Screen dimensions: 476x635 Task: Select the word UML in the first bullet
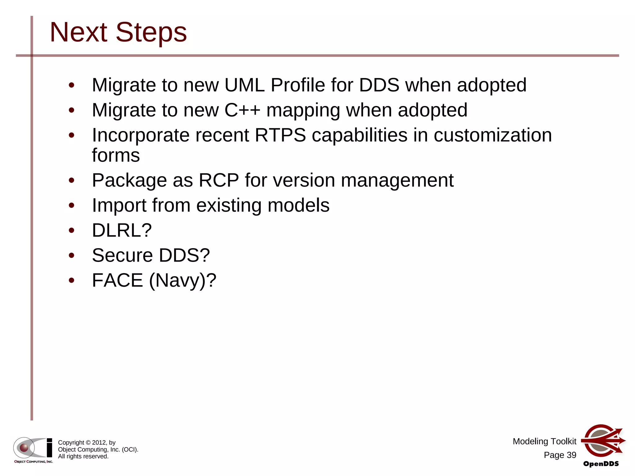pos(244,85)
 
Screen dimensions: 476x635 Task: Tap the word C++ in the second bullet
pos(242,110)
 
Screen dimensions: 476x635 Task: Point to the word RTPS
pos(280,135)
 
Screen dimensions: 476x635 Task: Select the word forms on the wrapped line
pos(116,155)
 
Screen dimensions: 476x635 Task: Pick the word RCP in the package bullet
pos(219,180)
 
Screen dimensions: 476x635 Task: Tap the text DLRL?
pos(122,230)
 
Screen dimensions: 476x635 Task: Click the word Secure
pos(122,255)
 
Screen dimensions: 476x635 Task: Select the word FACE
pos(118,280)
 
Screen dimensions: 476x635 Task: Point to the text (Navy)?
pos(183,280)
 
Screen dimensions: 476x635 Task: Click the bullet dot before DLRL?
pos(72,230)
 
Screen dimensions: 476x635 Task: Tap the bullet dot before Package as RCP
pos(72,180)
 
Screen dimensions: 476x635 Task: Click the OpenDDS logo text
pos(601,464)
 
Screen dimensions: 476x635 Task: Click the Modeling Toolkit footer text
pos(544,441)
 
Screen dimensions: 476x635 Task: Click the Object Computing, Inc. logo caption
pos(33,462)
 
